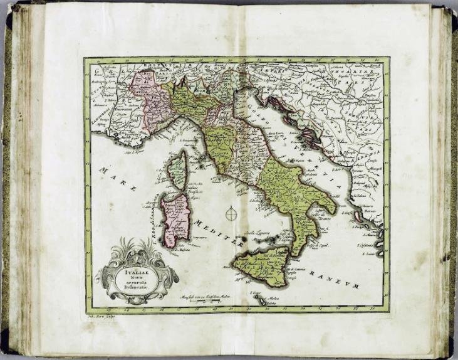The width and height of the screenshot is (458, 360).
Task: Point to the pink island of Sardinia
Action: (170, 220)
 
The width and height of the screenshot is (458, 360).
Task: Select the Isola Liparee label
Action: (266, 235)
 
